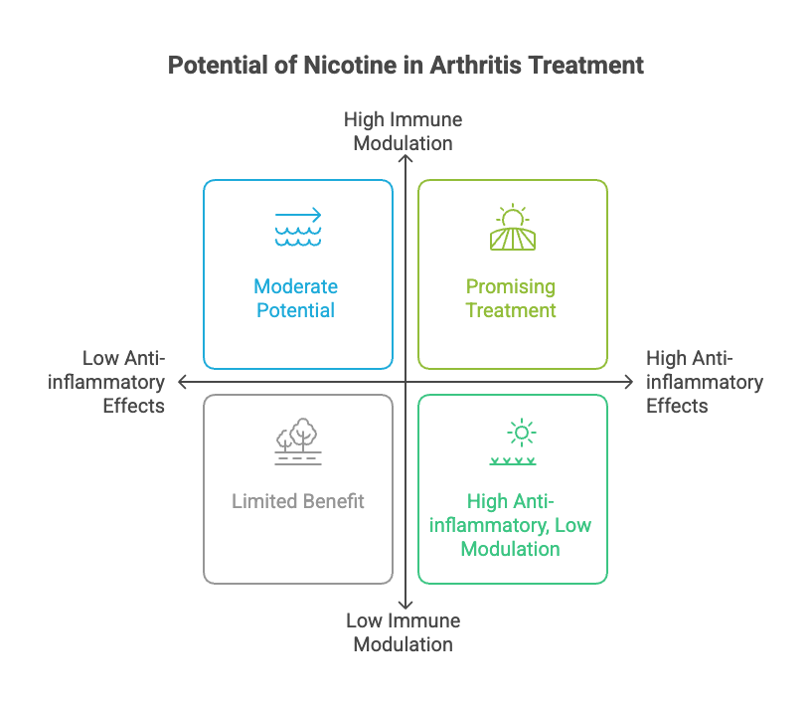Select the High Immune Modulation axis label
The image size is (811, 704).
coord(404,131)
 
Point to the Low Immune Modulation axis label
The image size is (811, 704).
coord(404,632)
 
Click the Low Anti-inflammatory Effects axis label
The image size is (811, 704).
coord(116,382)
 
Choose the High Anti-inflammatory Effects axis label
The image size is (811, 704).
coord(704,382)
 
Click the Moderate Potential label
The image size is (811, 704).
coord(295,298)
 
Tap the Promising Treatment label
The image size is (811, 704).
coord(511,298)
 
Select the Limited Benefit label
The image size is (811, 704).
coord(298,501)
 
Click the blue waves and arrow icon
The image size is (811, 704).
coord(298,228)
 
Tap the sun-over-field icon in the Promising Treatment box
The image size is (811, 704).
coord(513,228)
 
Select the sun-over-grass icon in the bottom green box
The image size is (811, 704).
coord(513,442)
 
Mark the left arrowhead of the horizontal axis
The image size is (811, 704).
coord(181,382)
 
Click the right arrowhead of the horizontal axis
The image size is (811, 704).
coord(630,382)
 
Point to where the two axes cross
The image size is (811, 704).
coord(405,382)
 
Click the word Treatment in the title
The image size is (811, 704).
coord(589,66)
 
